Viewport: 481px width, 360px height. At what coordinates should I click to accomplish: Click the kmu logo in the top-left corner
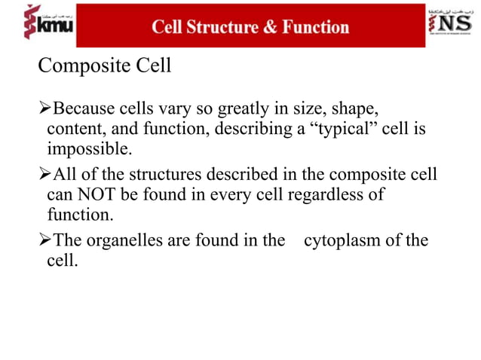[x=38, y=25]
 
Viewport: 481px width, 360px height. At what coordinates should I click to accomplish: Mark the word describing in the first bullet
[x=252, y=130]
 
